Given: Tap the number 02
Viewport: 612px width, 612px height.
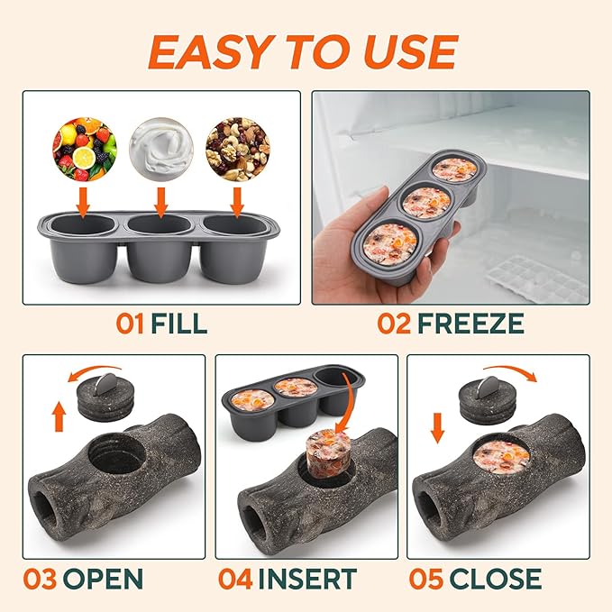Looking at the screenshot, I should [x=395, y=324].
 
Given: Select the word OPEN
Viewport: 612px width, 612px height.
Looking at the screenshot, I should [x=105, y=579].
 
